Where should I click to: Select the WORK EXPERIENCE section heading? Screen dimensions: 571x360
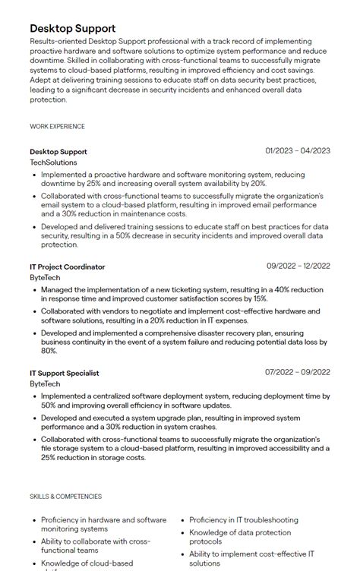57,127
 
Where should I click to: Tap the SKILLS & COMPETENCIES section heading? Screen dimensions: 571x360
65,497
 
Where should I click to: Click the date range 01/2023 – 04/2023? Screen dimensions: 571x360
298,151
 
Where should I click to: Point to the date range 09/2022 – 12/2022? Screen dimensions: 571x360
298,267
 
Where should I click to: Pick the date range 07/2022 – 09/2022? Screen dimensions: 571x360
298,373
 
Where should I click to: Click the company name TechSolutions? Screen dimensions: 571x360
53,162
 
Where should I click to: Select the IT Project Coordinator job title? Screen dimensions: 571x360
67,267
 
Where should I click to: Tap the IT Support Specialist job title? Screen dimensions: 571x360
64,373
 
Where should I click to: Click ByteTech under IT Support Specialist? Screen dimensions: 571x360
45,384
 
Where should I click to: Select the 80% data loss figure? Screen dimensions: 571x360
49,351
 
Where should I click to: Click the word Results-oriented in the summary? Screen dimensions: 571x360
59,41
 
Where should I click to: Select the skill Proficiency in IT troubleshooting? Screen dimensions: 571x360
244,520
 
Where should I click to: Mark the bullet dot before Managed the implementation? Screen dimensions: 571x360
34,289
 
